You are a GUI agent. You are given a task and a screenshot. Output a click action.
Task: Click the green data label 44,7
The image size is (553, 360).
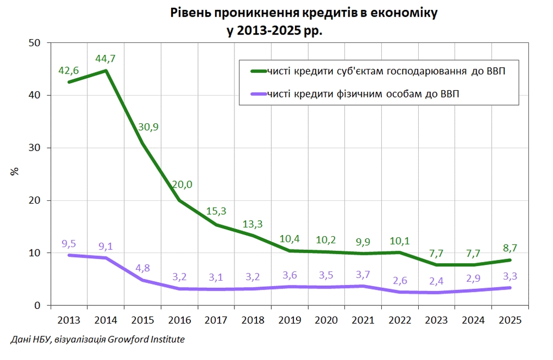[x=105, y=58]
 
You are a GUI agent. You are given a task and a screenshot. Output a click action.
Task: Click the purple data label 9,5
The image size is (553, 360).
[x=69, y=243]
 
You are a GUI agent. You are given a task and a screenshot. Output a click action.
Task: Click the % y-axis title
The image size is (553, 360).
[x=15, y=171]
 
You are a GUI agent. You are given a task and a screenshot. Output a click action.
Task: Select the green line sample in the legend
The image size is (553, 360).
[x=257, y=71]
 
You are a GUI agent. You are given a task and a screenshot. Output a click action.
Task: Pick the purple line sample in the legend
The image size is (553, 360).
[x=257, y=94]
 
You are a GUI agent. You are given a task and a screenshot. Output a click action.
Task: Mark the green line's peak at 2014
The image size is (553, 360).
[x=106, y=70]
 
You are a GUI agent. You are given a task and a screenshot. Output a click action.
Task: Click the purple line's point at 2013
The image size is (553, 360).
[x=69, y=255]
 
